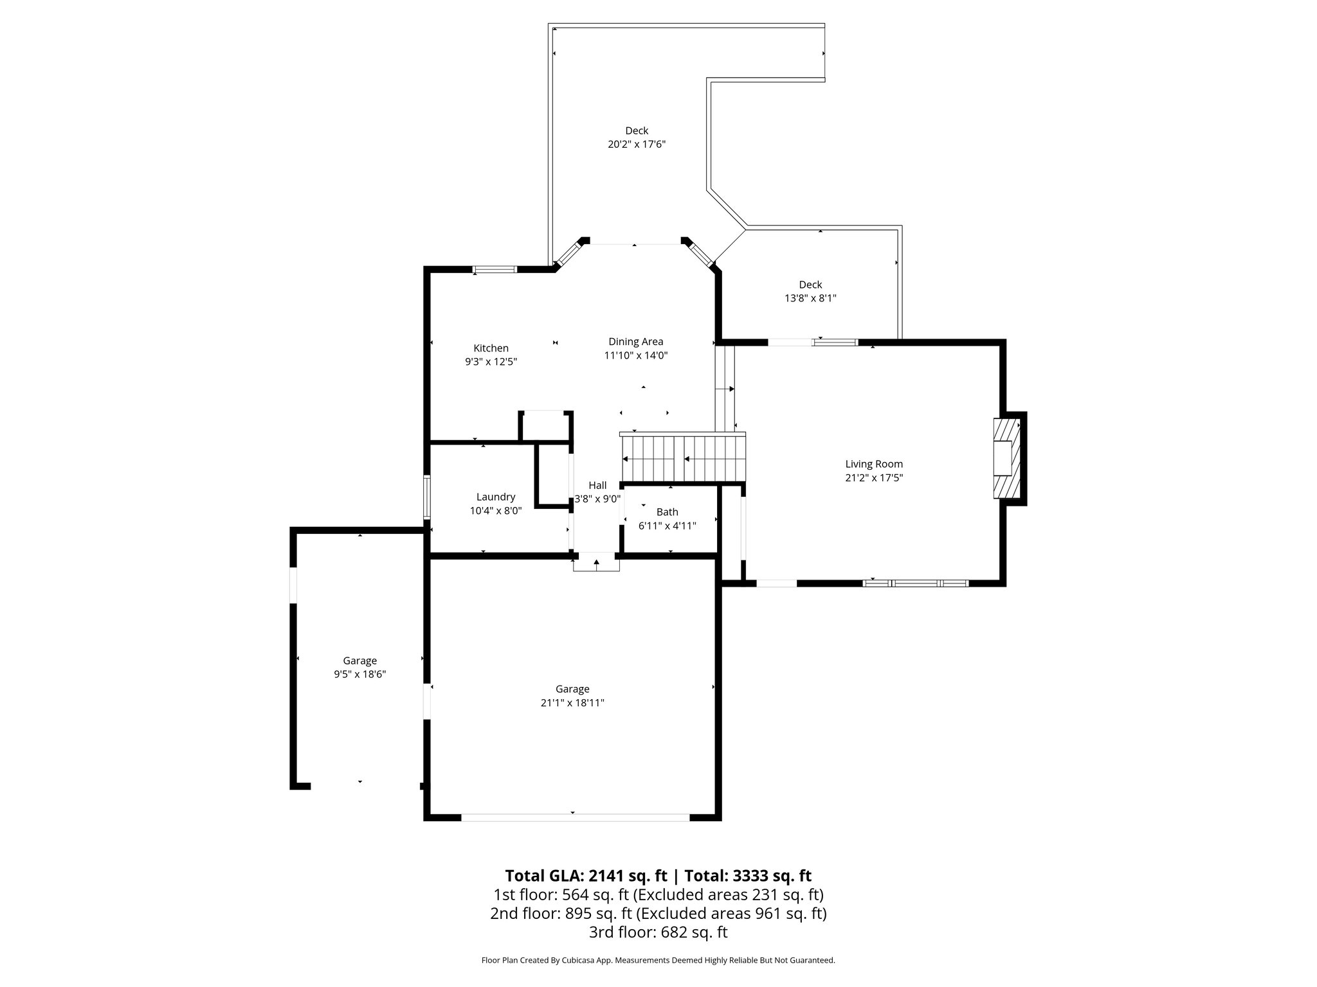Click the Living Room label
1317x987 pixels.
point(873,464)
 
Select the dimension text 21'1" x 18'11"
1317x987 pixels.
point(572,703)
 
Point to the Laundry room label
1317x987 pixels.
point(495,497)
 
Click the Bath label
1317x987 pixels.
point(667,512)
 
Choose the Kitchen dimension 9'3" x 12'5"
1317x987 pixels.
point(491,362)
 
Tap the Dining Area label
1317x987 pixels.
point(635,342)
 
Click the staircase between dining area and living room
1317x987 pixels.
point(682,458)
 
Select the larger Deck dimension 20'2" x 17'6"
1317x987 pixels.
point(636,145)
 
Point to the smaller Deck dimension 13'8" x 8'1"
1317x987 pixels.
point(810,298)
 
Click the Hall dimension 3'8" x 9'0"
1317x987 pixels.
point(597,499)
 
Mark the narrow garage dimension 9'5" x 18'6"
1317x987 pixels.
point(359,674)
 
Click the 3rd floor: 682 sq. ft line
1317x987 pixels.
point(658,932)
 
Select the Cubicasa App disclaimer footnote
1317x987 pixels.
point(658,960)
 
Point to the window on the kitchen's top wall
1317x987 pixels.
point(495,269)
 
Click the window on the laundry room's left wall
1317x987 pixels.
point(426,497)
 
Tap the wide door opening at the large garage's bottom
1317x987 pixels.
point(575,817)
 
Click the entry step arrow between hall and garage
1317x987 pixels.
point(597,564)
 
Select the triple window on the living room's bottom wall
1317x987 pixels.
point(915,583)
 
